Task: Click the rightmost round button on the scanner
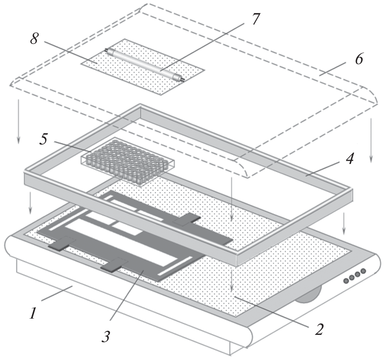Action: pyautogui.click(x=363, y=271)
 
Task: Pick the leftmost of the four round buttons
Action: pyautogui.click(x=346, y=280)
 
